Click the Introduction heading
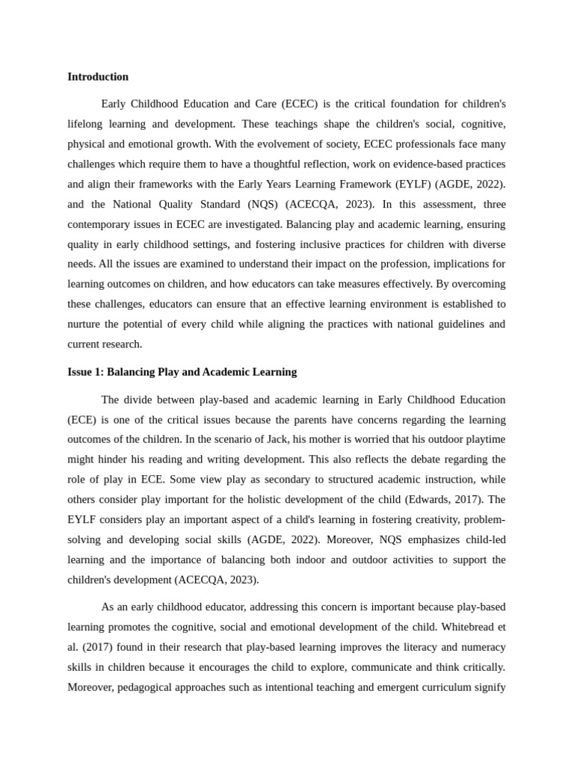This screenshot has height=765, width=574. (98, 77)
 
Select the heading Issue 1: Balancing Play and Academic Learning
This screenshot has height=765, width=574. (182, 372)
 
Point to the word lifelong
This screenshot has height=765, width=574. (87, 123)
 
